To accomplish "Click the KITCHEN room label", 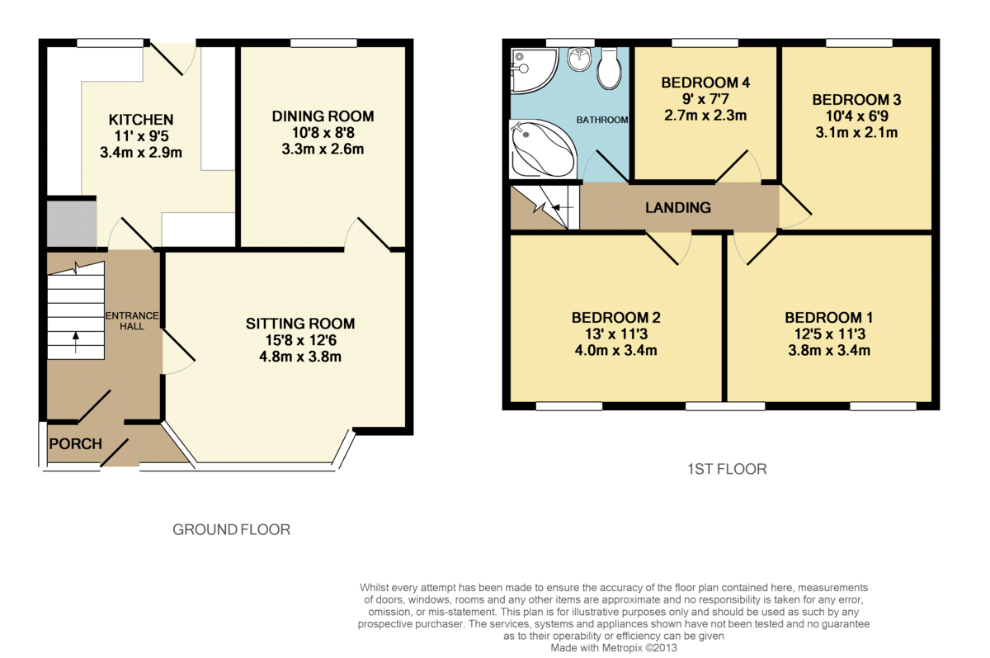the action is (141, 120).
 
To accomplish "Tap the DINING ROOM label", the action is (323, 116).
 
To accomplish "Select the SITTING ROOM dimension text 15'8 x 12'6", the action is (300, 340).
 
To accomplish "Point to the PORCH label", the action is (76, 443).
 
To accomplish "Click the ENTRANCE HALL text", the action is (132, 321).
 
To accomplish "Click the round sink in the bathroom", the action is (579, 59).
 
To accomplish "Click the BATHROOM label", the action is (602, 120).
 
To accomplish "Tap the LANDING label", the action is (678, 207).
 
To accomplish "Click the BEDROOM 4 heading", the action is (705, 83).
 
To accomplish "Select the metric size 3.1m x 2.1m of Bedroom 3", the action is (856, 132).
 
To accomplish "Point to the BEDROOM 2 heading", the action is (616, 317).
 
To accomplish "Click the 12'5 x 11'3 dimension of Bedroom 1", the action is (830, 334).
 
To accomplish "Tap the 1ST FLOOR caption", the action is (727, 469).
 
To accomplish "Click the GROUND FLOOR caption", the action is (231, 529).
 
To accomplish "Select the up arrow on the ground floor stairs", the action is (76, 343).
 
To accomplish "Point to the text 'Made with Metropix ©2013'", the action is (614, 648).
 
